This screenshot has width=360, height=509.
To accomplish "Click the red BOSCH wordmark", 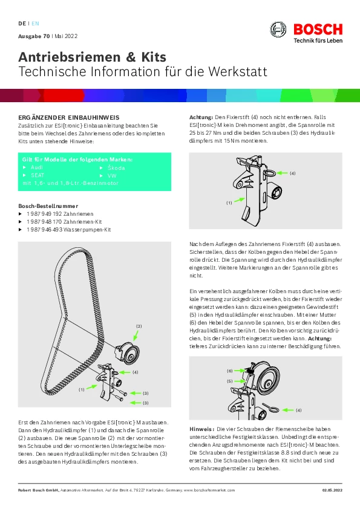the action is pyautogui.click(x=318, y=30).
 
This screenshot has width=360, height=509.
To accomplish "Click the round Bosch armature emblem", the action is pyautogui.click(x=278, y=30).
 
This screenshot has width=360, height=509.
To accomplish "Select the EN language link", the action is pyautogui.click(x=35, y=24).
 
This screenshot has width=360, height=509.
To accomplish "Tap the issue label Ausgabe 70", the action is pyautogui.click(x=34, y=36).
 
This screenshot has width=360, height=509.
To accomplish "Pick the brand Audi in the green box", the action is pyautogui.click(x=37, y=167).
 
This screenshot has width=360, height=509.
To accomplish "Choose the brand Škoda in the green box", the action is pyautogui.click(x=116, y=168).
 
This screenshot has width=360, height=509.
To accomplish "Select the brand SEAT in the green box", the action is pyautogui.click(x=38, y=175).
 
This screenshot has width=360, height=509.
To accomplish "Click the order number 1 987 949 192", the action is pyautogui.click(x=44, y=214).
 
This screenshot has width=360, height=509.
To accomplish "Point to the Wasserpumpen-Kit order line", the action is pyautogui.click(x=69, y=230).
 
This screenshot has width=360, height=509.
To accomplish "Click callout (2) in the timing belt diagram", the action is pyautogui.click(x=139, y=326).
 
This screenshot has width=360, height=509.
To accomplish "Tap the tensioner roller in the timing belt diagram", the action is pyautogui.click(x=128, y=353).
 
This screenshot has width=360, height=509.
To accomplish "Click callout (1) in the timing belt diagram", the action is pyautogui.click(x=82, y=389).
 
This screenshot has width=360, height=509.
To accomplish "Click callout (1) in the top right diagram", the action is pyautogui.click(x=229, y=203).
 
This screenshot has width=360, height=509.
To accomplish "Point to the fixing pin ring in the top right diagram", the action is pyautogui.click(x=269, y=173).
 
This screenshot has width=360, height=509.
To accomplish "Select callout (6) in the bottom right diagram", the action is pyautogui.click(x=230, y=371).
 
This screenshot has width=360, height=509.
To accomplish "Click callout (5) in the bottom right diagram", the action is pyautogui.click(x=230, y=381).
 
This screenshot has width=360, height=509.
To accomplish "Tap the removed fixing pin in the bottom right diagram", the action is pyautogui.click(x=270, y=407).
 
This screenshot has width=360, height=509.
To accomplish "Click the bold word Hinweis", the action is pyautogui.click(x=201, y=429).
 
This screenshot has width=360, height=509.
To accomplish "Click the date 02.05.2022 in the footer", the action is pyautogui.click(x=332, y=490).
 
